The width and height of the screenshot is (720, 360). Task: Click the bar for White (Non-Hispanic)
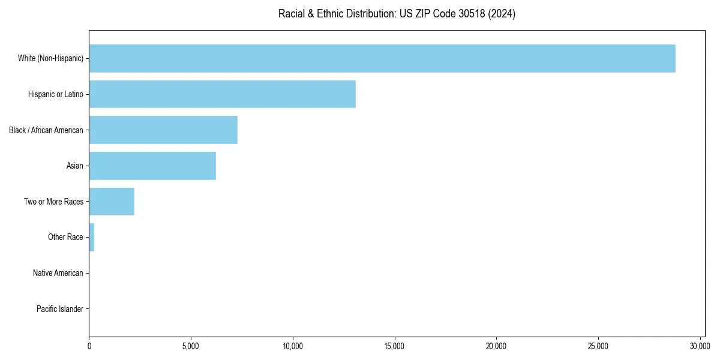click(x=382, y=58)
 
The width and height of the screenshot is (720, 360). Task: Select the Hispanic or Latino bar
click(x=222, y=94)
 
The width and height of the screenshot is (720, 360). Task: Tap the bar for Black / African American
click(x=163, y=130)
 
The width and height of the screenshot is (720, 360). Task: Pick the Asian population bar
click(x=152, y=166)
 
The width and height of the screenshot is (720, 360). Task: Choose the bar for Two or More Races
click(x=112, y=202)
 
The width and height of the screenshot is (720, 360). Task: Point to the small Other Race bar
click(x=92, y=237)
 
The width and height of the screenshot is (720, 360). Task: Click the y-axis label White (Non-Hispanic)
click(x=50, y=58)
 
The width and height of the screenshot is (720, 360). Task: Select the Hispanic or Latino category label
click(x=56, y=94)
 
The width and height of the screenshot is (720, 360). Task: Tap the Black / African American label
click(x=46, y=130)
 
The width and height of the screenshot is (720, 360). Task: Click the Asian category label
click(x=75, y=166)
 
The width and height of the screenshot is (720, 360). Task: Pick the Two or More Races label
click(x=54, y=202)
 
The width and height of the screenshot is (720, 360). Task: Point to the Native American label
click(x=58, y=273)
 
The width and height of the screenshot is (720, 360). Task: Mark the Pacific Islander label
click(x=60, y=309)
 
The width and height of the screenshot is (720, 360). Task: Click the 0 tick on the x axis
click(x=89, y=346)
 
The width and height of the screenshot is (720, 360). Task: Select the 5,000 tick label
click(x=191, y=346)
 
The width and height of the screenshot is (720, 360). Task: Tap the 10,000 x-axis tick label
click(x=293, y=346)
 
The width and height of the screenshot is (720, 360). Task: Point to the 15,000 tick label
click(x=395, y=346)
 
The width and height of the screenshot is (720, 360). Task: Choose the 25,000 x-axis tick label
click(x=598, y=346)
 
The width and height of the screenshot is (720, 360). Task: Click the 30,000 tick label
click(x=700, y=346)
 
